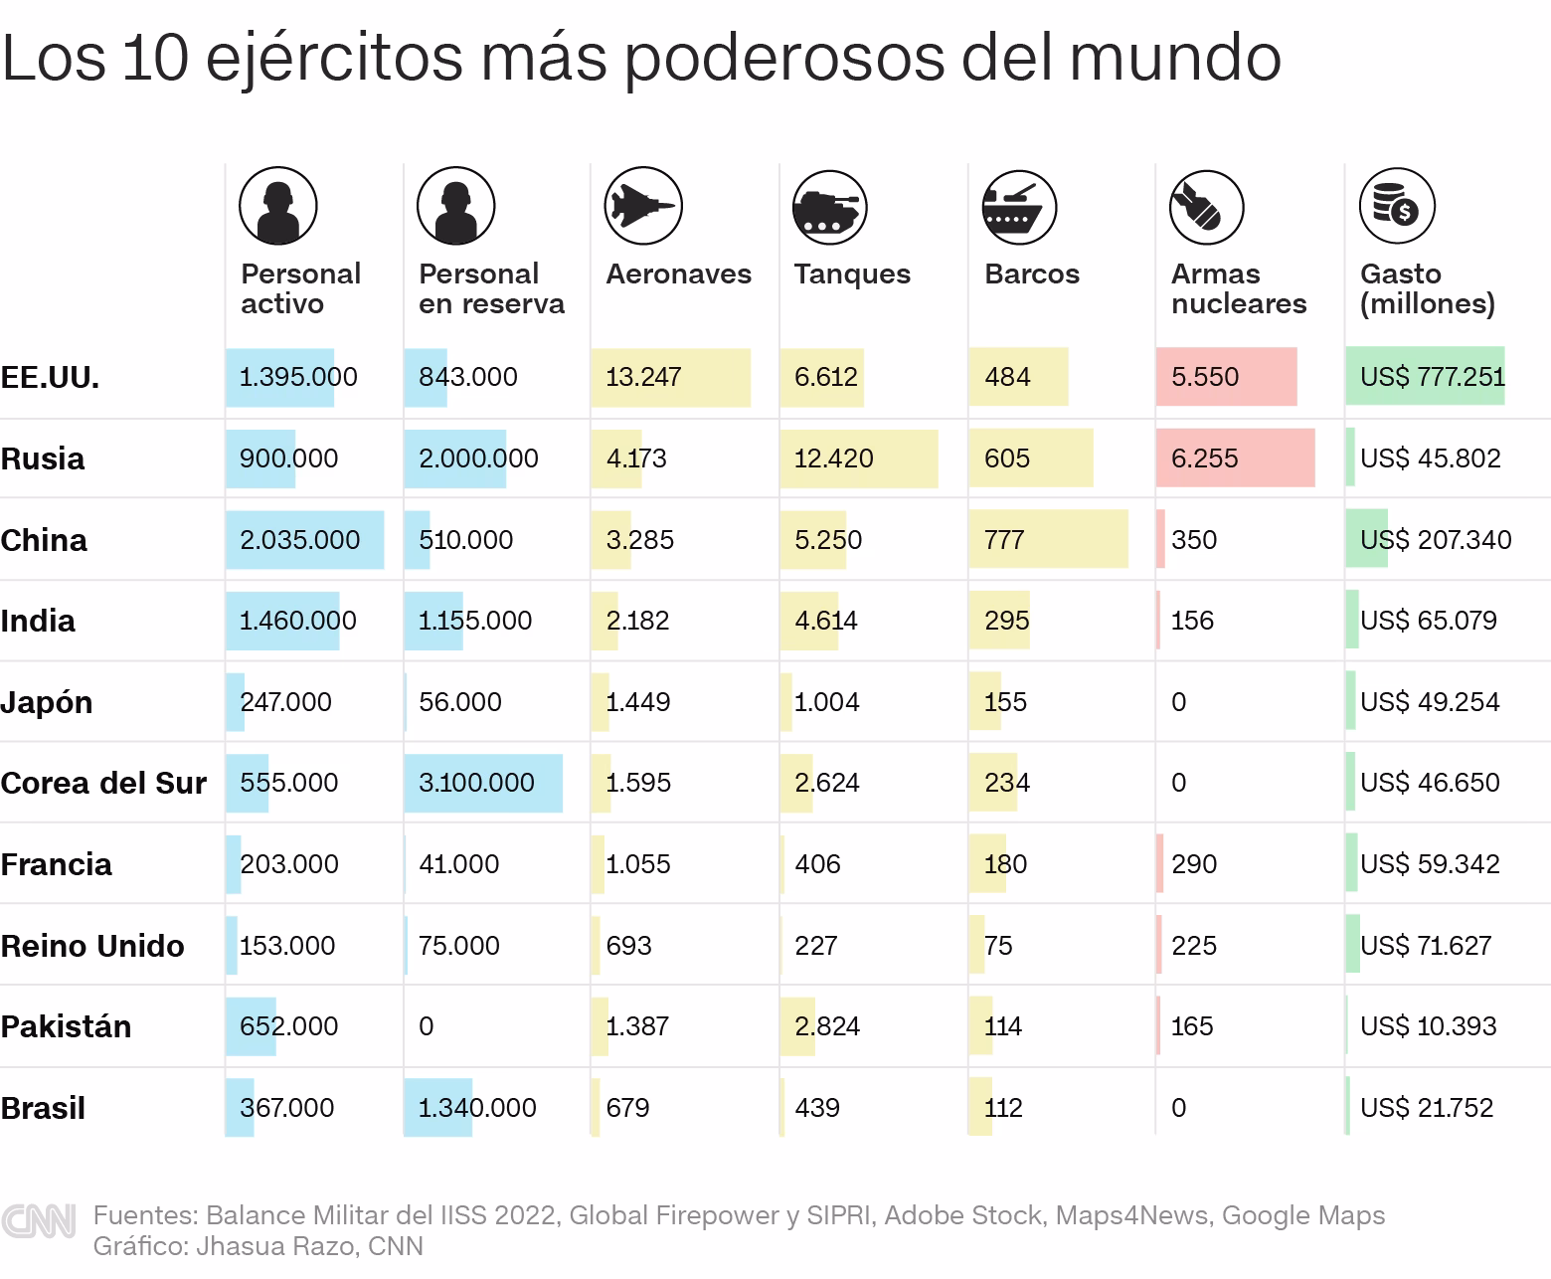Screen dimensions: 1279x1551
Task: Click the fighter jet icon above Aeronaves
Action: (642, 206)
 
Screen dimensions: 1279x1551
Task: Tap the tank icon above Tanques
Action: (830, 206)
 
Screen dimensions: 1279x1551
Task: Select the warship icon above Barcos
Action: (1018, 206)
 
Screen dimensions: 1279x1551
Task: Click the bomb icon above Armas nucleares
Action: (1206, 206)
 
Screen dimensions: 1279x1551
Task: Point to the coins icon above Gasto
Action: (1396, 206)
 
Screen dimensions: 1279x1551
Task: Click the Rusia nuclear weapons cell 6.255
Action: (1204, 458)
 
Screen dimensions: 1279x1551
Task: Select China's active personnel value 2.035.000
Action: (299, 540)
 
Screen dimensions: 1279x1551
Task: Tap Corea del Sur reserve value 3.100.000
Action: (476, 783)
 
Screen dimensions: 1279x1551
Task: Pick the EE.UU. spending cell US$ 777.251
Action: (1432, 377)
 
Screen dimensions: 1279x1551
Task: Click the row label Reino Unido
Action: (92, 946)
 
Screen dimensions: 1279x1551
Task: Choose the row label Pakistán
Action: (66, 1026)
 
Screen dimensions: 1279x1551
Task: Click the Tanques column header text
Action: (852, 274)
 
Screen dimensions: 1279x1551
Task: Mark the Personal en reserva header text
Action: (491, 288)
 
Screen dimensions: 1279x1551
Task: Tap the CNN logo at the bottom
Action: (39, 1222)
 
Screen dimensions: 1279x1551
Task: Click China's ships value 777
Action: (1004, 540)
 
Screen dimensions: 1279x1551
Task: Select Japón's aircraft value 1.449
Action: (637, 702)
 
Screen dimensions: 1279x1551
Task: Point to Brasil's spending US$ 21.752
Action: (1426, 1108)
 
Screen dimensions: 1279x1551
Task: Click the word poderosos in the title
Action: (784, 58)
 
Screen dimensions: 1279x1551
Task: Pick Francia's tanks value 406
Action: (817, 864)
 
